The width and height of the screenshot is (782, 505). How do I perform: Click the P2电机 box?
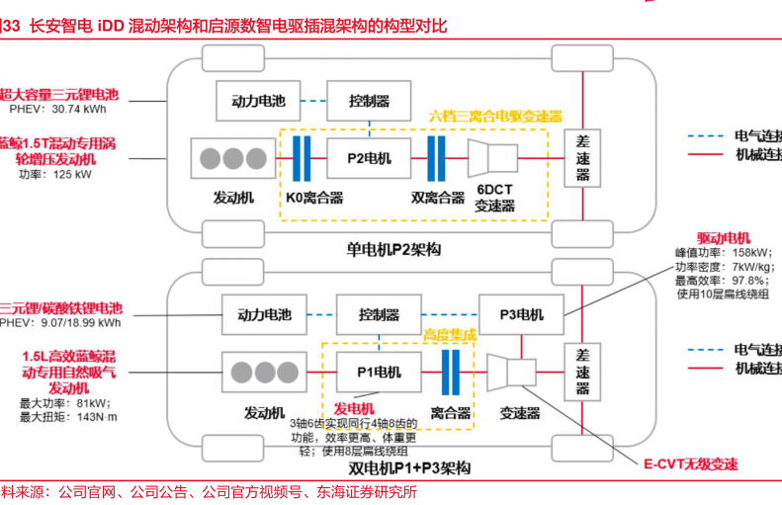[x=370, y=158]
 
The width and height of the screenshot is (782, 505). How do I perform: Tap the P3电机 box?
[x=520, y=314]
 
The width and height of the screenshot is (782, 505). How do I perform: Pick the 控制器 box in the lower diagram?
[x=379, y=314]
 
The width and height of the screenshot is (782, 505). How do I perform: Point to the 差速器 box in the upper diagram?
[x=582, y=158]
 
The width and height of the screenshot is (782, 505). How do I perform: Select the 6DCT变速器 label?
[x=494, y=198]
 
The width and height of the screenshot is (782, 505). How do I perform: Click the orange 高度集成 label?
[x=449, y=335]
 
